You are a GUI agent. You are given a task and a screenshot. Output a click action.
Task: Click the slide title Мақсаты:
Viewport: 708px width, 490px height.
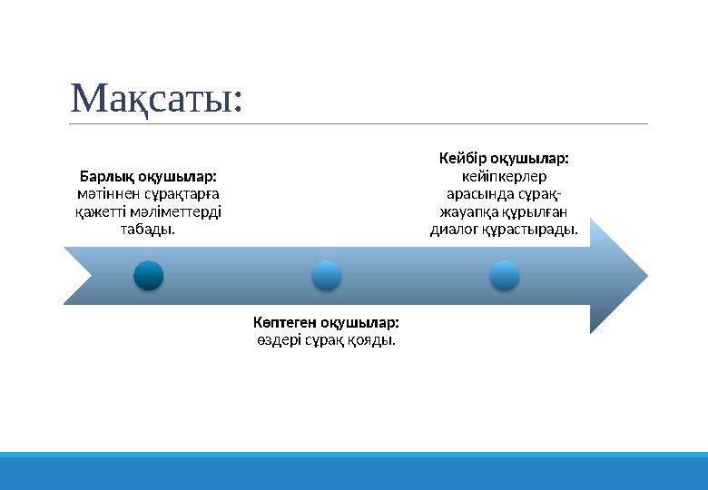pos(156,98)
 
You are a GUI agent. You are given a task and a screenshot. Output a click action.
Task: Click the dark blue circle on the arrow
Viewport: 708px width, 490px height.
pos(148,275)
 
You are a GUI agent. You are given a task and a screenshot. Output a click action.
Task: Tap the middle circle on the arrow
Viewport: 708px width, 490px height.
pos(326,275)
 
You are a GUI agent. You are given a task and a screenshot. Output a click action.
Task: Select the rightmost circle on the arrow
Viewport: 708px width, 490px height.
pos(504,275)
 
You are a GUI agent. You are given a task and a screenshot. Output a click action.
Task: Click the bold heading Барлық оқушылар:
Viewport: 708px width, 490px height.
pos(148,175)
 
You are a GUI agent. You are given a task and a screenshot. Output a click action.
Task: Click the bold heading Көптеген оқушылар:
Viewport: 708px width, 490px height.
pos(326,322)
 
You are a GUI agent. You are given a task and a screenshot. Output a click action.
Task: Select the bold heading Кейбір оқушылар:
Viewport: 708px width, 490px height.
pos(504,158)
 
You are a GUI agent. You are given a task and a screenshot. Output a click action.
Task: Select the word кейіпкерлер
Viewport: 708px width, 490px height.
pos(504,176)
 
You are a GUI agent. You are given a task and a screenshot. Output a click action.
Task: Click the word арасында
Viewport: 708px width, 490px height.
pos(477,194)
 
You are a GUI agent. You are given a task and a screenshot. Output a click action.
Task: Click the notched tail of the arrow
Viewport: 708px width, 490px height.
pos(82,275)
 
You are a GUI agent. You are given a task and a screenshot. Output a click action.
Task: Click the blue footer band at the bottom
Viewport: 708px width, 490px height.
pos(354,472)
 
